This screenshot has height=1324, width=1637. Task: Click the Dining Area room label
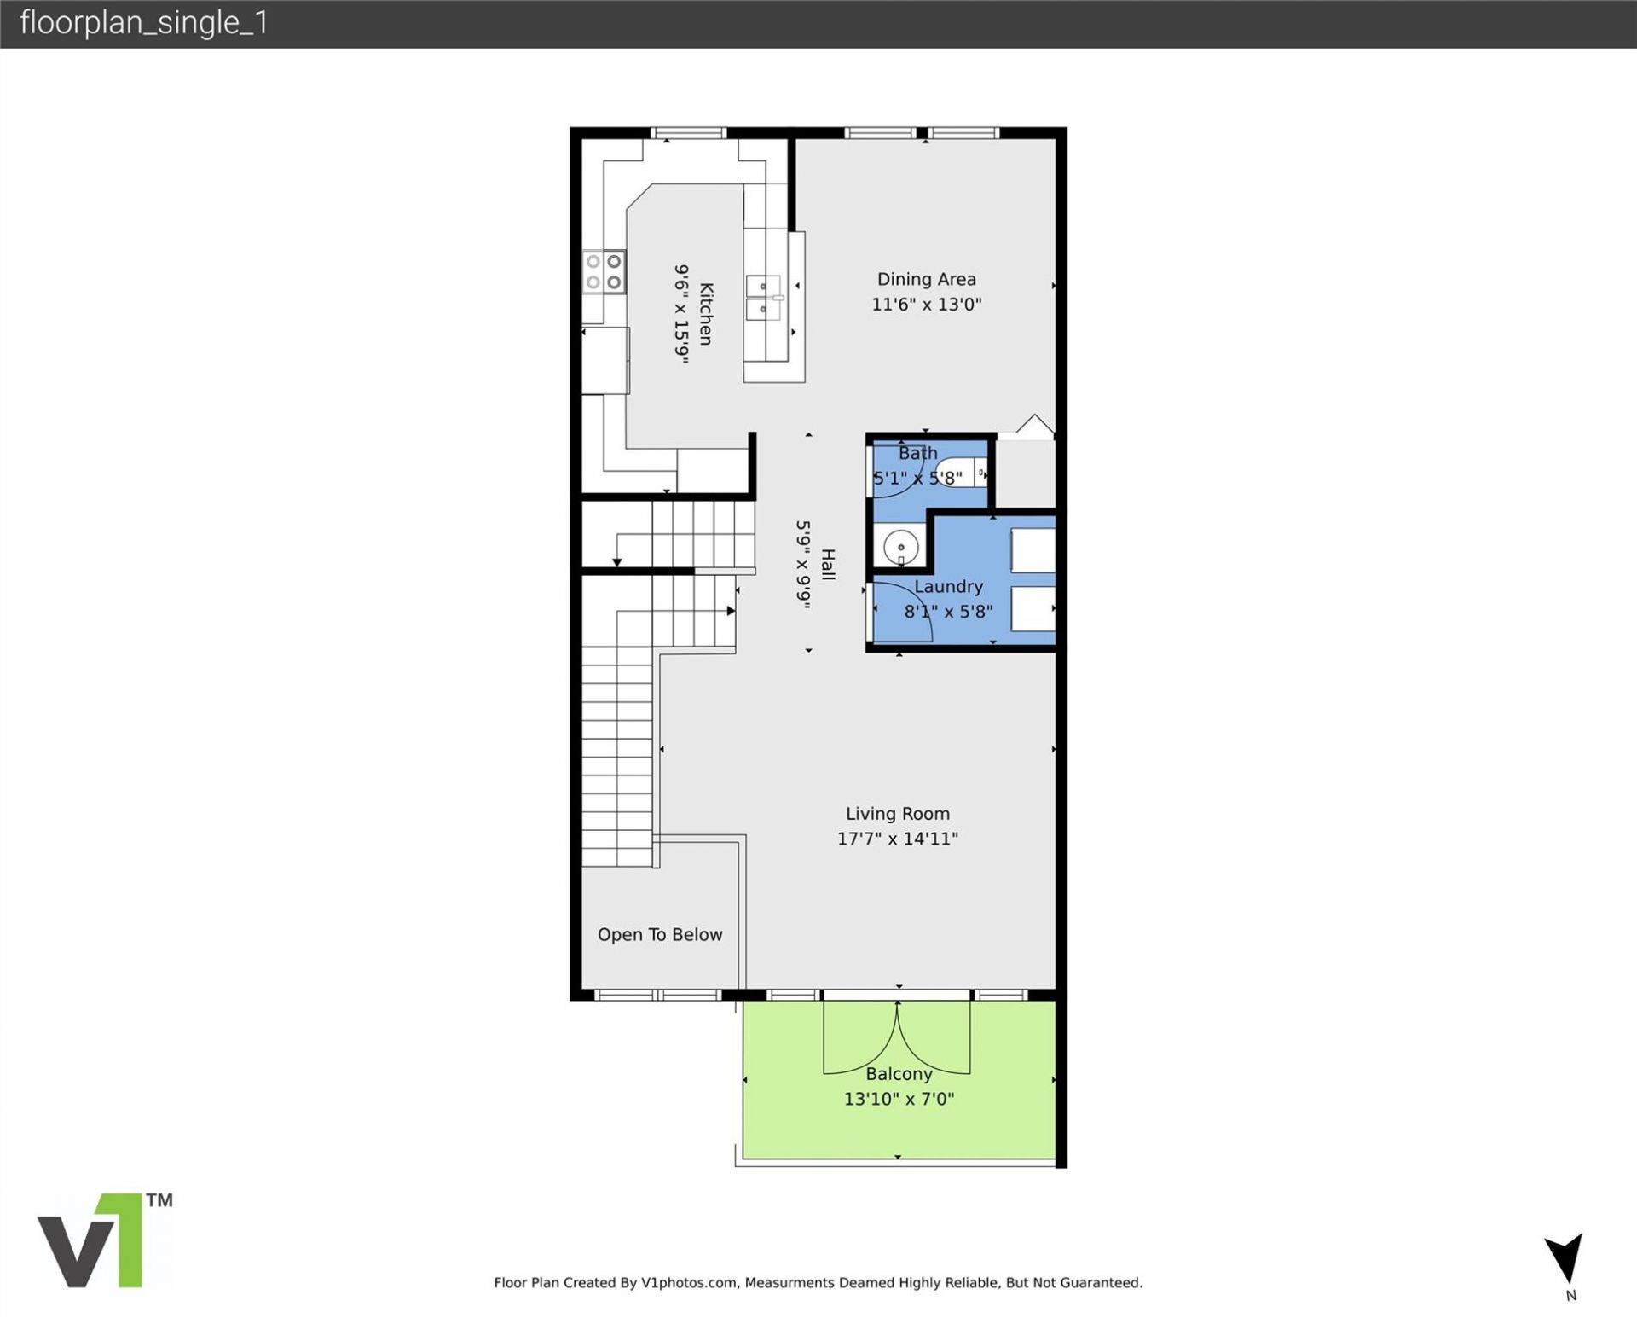pos(926,279)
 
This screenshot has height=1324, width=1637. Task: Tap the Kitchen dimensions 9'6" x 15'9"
pos(681,314)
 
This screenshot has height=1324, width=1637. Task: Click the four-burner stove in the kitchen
pos(604,271)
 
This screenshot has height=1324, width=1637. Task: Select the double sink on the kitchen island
pos(763,297)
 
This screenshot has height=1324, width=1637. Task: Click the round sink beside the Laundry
pos(900,546)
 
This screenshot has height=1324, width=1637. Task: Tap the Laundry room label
pos(948,586)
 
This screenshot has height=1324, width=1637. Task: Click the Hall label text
pos(827,564)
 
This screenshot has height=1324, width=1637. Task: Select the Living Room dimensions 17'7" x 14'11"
pos(897,839)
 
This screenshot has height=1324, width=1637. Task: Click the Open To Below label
pos(659,934)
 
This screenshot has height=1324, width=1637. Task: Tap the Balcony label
pos(899,1074)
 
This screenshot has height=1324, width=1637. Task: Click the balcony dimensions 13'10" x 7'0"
pos(899,1099)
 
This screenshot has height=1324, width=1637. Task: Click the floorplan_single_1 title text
pos(144,23)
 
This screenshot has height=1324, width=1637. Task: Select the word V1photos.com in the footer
pos(689,1282)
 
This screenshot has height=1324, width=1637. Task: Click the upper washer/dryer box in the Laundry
pos(1033,550)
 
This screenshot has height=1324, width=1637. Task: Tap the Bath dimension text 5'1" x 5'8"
pos(917,478)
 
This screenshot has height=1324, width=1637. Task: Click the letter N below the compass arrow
pos(1570,1295)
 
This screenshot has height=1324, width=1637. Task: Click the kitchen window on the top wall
pos(688,132)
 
